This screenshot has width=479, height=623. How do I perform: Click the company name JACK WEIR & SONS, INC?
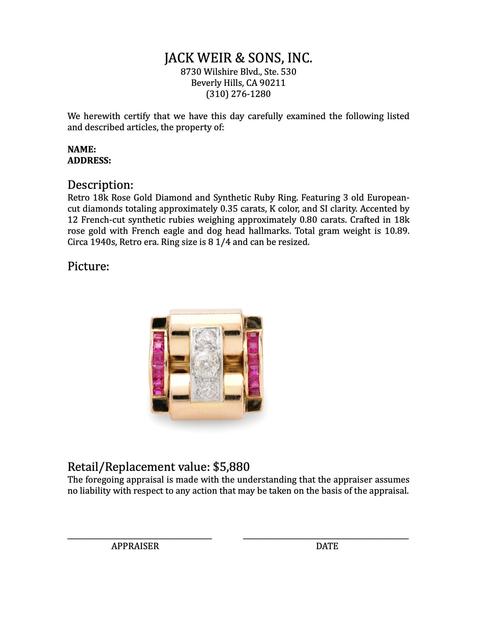click(x=238, y=58)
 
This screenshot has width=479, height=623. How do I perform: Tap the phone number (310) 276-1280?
click(x=238, y=94)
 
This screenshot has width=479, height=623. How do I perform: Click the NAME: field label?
click(x=82, y=150)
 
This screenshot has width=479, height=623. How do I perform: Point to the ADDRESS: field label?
click(x=89, y=161)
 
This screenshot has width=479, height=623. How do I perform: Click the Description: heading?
click(x=100, y=185)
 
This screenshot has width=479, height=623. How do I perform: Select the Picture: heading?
click(x=88, y=266)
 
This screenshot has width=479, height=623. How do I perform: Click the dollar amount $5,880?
click(x=231, y=467)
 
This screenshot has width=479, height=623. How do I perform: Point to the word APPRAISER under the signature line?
click(x=135, y=546)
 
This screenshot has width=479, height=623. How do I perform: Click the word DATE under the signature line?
click(x=327, y=546)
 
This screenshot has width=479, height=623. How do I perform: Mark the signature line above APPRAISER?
click(x=139, y=538)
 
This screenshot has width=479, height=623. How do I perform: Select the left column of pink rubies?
click(x=158, y=363)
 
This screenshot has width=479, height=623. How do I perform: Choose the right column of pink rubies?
click(x=253, y=363)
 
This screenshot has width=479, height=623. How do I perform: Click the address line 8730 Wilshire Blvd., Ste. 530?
click(x=238, y=72)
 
